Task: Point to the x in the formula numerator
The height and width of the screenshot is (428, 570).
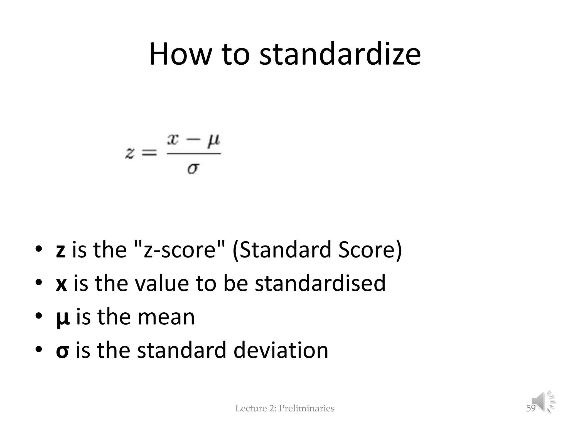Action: pos(173,139)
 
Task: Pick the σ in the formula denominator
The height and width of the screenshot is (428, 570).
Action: pos(193,168)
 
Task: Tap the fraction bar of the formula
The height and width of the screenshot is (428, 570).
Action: pos(194,153)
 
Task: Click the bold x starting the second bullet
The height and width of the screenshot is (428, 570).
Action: pos(61,283)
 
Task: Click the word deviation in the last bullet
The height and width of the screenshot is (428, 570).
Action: pos(281,350)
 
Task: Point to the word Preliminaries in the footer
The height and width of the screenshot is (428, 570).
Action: pos(306,408)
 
